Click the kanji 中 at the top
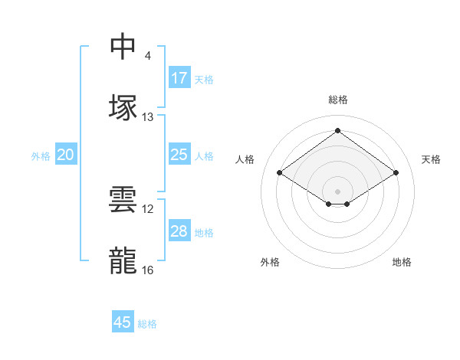123,47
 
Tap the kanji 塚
123,108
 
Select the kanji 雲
123,200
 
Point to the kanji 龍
123,261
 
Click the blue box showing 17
179,78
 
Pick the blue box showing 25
179,155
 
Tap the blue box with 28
179,231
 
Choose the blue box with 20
65,155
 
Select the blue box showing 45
123,322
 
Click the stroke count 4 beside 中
147,56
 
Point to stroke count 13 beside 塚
148,117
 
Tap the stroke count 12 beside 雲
148,209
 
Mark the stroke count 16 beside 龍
148,270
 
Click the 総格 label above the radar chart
338,100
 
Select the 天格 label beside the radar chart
432,159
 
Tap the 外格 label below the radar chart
270,262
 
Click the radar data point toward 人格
280,173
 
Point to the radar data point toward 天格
396,173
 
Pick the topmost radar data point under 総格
337,131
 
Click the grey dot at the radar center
337,191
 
